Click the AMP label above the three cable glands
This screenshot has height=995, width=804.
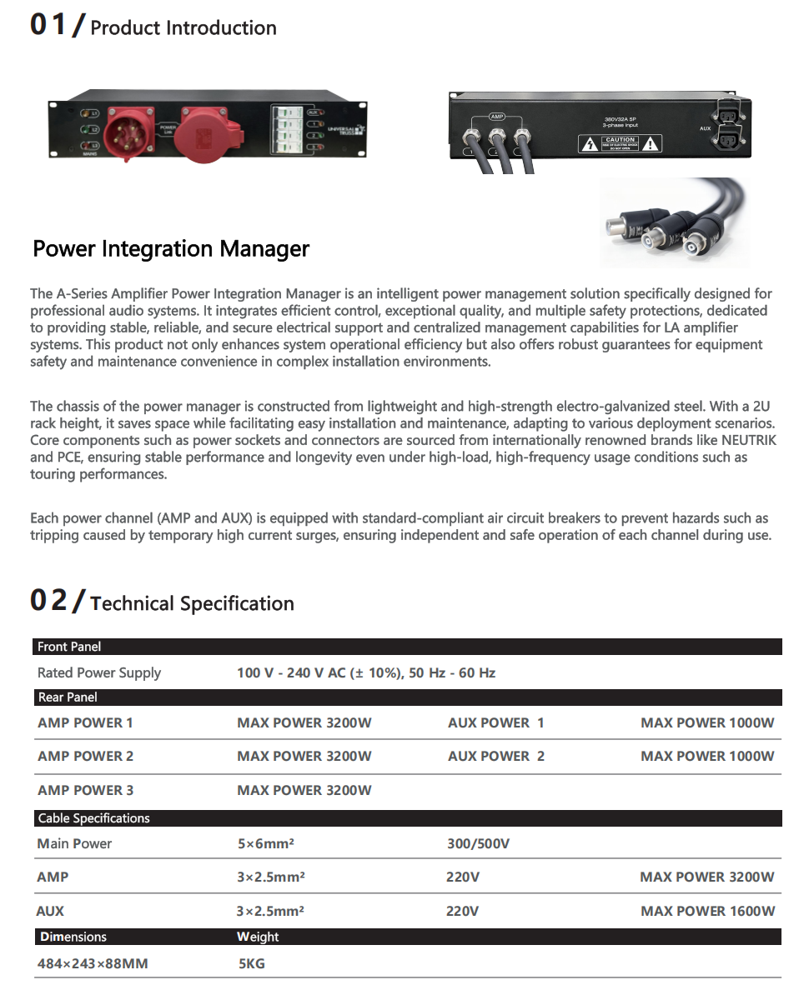tap(497, 117)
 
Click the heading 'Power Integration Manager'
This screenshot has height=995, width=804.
tap(171, 249)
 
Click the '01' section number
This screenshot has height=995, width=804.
tap(48, 25)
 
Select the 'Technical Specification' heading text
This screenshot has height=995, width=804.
tap(192, 603)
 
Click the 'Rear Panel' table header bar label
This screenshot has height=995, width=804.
tap(68, 697)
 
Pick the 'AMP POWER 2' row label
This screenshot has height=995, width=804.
tap(85, 756)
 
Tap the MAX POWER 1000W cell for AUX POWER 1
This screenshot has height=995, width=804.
tap(707, 722)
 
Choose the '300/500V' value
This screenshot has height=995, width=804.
tap(478, 843)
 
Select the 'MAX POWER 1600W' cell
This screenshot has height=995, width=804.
tap(707, 911)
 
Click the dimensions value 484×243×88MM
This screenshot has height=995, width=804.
tap(93, 963)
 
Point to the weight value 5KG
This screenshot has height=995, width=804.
tap(252, 963)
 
